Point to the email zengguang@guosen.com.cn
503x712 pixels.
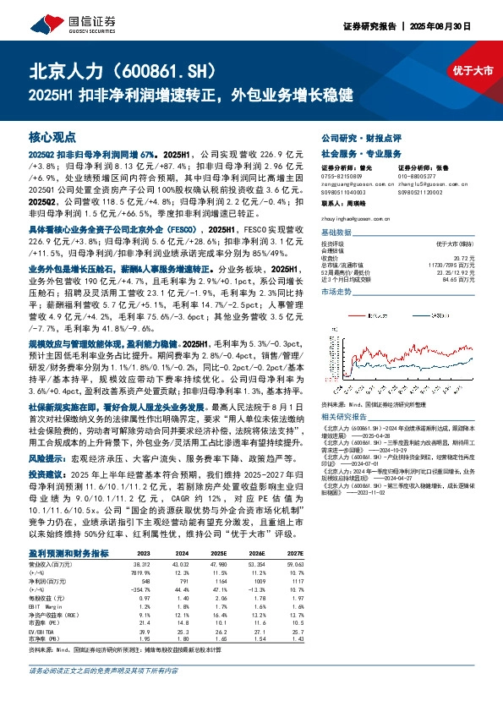pos(347,181)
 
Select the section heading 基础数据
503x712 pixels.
pos(336,232)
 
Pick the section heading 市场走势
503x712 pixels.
pos(336,290)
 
